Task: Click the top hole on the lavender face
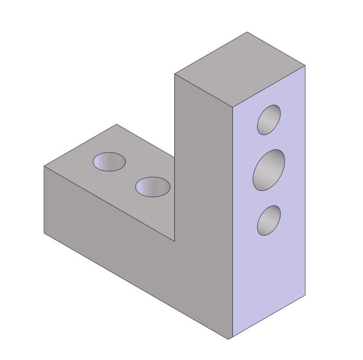[x=269, y=120]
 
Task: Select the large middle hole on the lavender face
[x=269, y=170]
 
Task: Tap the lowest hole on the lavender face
[x=269, y=220]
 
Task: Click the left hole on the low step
[x=109, y=161]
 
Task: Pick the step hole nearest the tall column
[x=152, y=187]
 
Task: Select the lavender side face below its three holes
[x=269, y=280]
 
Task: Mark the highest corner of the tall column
[x=247, y=32]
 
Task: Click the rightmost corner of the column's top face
[x=305, y=65]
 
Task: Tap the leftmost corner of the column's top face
[x=175, y=74]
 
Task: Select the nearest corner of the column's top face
[x=232, y=108]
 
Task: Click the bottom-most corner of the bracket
[x=229, y=340]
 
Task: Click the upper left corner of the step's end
[x=44, y=167]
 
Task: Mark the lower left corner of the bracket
[x=44, y=233]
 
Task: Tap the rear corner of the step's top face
[x=116, y=124]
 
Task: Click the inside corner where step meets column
[x=175, y=242]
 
